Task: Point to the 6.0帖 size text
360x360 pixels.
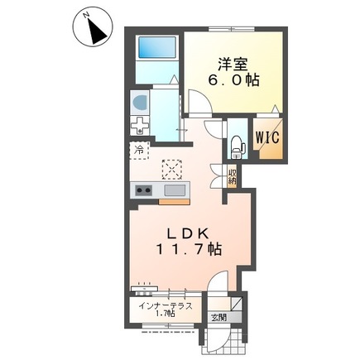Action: coord(233,80)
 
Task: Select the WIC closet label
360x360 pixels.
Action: coord(267,137)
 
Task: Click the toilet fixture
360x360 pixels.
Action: coord(238,148)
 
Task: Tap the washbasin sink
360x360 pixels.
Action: coord(140,103)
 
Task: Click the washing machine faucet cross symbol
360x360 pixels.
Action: coord(140,126)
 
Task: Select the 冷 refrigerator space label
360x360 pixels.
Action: coord(139,151)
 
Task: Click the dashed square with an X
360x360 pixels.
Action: coord(171,169)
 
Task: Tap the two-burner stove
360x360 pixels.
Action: coord(144,190)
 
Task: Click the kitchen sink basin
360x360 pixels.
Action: coord(175,190)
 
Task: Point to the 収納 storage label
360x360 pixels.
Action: coord(232,177)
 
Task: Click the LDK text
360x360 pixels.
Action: coord(189,234)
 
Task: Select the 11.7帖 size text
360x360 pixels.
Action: coord(190,250)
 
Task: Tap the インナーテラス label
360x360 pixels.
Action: coord(165,306)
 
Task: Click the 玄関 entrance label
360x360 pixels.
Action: coord(218,318)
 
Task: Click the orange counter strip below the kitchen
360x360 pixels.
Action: coord(174,202)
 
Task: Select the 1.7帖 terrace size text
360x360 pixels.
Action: coord(166,314)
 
